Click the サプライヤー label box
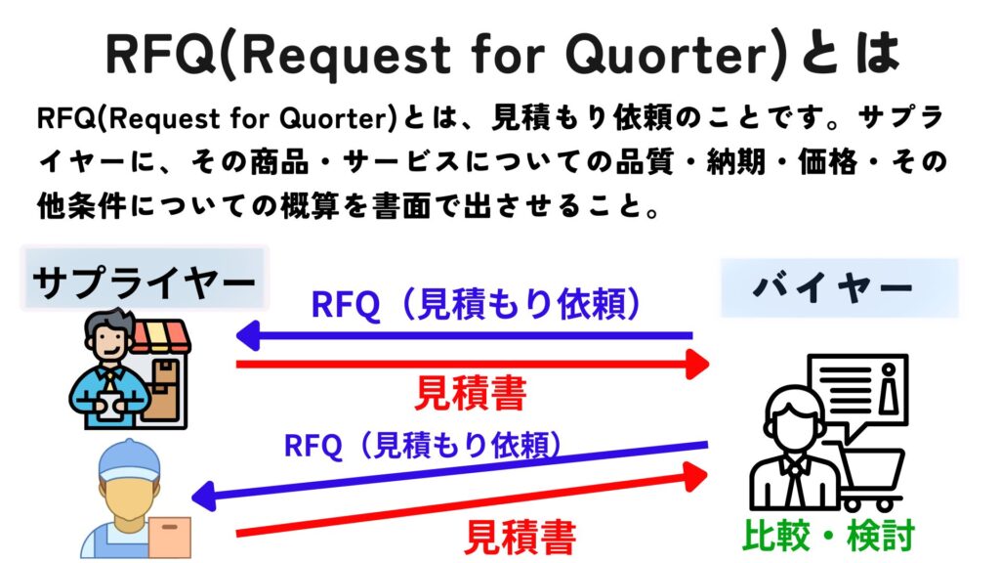(x=145, y=279)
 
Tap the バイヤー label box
(x=839, y=288)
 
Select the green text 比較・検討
(x=829, y=535)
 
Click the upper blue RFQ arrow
(x=464, y=336)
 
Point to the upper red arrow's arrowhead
(x=697, y=365)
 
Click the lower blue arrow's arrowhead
(x=204, y=496)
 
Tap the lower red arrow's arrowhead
(x=695, y=476)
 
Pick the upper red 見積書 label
(x=471, y=393)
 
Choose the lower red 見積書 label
(x=520, y=537)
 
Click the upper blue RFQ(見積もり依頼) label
(x=477, y=303)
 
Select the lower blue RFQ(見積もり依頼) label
(x=424, y=445)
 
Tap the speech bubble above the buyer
(x=857, y=393)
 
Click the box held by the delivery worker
(x=170, y=538)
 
